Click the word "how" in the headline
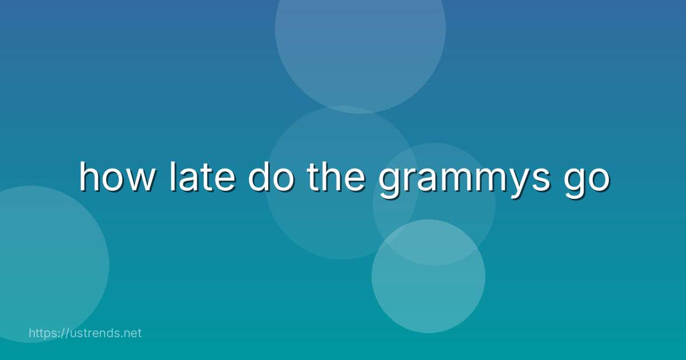point(117,178)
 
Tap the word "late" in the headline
point(201,178)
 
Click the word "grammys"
point(458,180)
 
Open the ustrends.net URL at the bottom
point(85,333)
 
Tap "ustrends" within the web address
point(94,333)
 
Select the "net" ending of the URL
point(132,333)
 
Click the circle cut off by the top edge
point(360,34)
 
